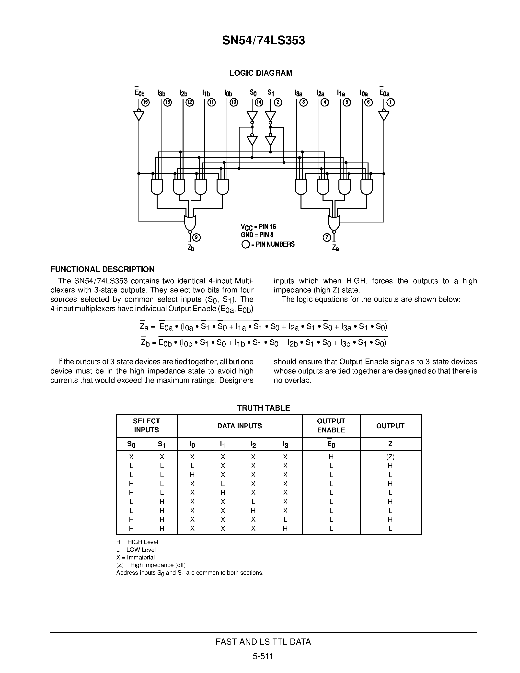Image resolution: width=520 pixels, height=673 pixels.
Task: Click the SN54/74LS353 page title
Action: (x=263, y=40)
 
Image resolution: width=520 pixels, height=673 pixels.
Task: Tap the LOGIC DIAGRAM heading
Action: (x=261, y=73)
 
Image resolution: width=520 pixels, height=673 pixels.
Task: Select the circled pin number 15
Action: (x=146, y=103)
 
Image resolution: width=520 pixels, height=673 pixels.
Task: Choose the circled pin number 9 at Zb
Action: (x=196, y=237)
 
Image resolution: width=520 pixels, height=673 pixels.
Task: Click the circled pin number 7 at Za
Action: (x=326, y=237)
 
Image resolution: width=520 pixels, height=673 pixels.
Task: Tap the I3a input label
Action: (x=298, y=93)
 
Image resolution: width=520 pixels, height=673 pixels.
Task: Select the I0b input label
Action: (x=228, y=93)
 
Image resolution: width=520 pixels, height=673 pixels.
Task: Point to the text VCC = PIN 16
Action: (x=258, y=227)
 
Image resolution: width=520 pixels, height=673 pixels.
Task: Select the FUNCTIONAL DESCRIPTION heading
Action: (x=102, y=269)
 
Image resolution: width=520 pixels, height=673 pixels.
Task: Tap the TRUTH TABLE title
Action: (x=263, y=408)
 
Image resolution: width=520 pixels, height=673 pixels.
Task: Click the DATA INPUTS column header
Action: (x=239, y=426)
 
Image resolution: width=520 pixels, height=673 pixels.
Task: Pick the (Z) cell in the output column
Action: (x=390, y=457)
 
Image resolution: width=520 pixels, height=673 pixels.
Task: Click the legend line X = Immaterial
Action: (x=135, y=557)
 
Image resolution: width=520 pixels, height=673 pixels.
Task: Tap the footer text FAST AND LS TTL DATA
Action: (x=263, y=642)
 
